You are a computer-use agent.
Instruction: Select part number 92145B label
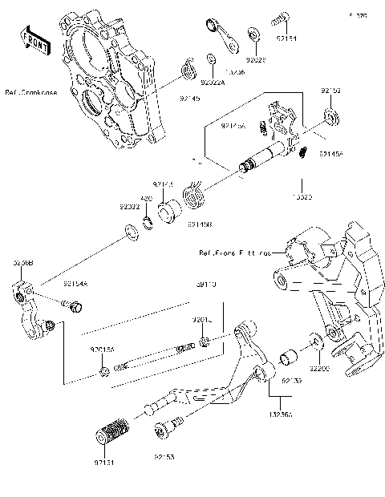tap(200, 225)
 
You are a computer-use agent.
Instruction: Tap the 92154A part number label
tap(77, 283)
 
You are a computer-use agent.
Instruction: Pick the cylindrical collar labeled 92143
tap(170, 216)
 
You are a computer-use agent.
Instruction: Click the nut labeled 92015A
tap(105, 370)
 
